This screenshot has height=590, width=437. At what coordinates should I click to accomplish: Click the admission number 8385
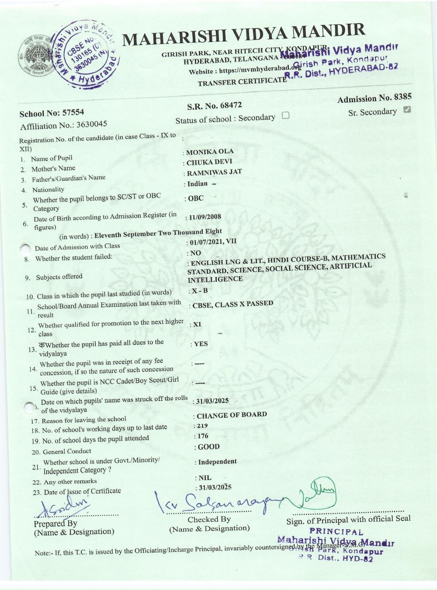click(402, 97)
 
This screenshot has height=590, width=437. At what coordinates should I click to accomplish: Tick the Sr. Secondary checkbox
click(407, 109)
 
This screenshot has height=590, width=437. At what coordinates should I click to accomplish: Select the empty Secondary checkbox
click(286, 115)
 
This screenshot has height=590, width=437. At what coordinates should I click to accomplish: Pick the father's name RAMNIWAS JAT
click(214, 172)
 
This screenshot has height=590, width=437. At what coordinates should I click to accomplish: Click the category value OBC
click(196, 198)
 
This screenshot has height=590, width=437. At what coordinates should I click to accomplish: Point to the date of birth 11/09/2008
click(205, 217)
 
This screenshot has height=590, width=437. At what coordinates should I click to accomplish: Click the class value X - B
click(200, 291)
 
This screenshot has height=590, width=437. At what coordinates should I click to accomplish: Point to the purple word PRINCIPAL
click(336, 532)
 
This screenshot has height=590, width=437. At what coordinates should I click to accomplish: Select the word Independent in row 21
click(217, 462)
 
